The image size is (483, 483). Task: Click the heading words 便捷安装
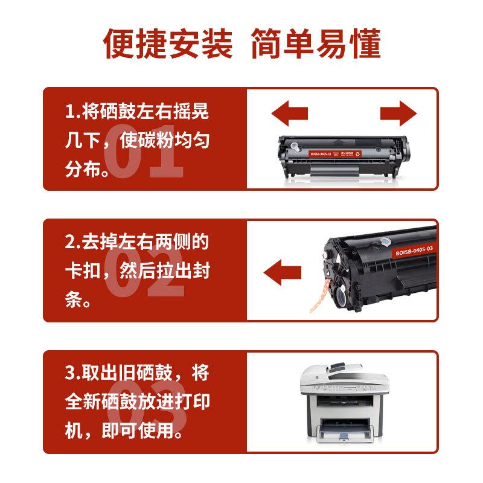(168, 43)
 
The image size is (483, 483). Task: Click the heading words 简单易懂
(315, 43)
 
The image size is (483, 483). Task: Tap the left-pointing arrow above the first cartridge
(289, 114)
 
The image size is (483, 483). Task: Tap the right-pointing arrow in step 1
(398, 114)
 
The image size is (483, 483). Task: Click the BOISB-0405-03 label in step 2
(415, 250)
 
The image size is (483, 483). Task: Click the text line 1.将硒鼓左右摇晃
(138, 112)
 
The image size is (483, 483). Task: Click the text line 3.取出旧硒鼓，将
(138, 373)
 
